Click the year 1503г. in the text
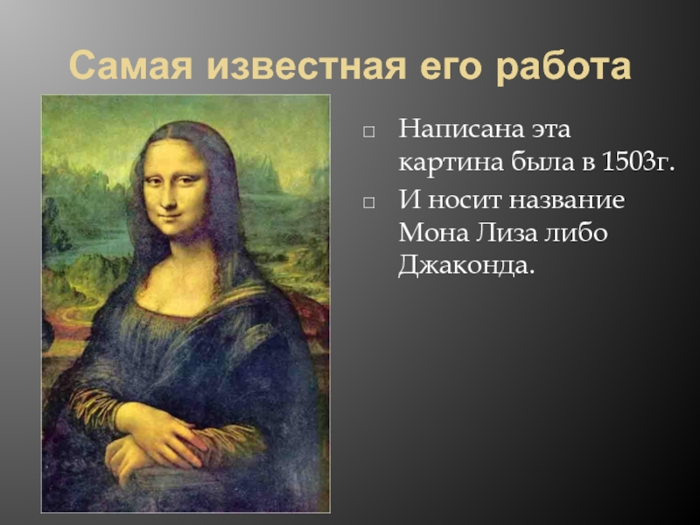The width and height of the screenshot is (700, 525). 638,162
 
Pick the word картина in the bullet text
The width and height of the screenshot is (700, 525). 451,163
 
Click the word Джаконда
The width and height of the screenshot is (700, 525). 466,266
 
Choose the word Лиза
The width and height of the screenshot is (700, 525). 507,232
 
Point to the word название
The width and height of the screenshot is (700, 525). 567,199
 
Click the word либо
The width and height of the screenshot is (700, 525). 576,232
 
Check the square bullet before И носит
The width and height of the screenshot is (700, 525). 368,202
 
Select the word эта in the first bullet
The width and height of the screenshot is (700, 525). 550,129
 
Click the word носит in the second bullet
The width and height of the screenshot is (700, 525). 465,200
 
